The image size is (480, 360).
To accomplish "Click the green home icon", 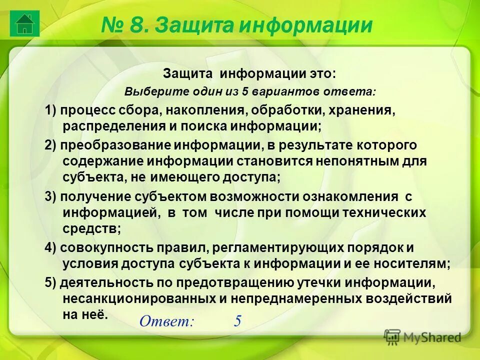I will [24, 23].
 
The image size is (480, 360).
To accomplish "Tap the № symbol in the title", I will [113, 25].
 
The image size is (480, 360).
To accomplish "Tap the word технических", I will [384, 212].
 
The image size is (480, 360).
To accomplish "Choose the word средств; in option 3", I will [92, 229].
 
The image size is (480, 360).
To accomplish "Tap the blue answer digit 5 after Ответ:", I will [237, 321].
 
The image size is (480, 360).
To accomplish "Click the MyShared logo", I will [422, 337].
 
